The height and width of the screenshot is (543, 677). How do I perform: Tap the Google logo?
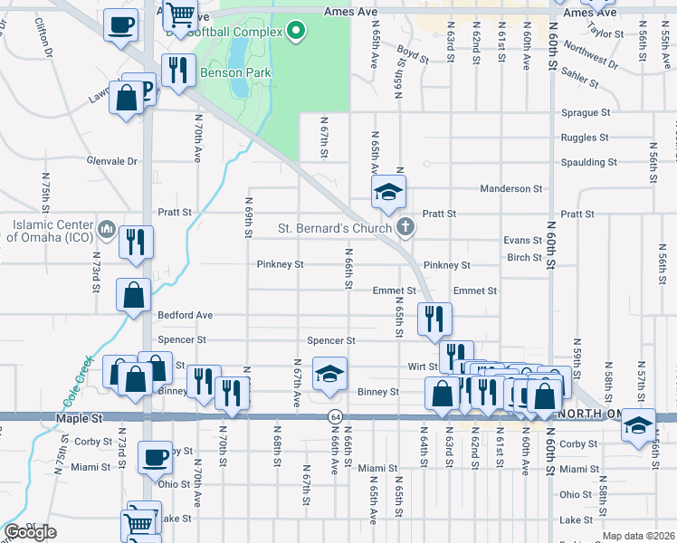pyautogui.click(x=30, y=532)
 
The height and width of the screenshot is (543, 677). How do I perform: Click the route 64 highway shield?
pyautogui.click(x=334, y=415)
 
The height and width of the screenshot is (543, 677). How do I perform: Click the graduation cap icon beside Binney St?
pyautogui.click(x=329, y=372)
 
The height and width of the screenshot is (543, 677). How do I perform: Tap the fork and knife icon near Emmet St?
pyautogui.click(x=434, y=317)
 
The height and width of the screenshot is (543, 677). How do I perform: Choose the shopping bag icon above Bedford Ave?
pyautogui.click(x=134, y=293)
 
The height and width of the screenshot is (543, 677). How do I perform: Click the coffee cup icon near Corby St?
pyautogui.click(x=155, y=455)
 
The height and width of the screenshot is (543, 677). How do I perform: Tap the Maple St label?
pyautogui.click(x=74, y=419)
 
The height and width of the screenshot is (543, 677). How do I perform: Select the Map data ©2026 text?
pyautogui.click(x=638, y=536)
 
